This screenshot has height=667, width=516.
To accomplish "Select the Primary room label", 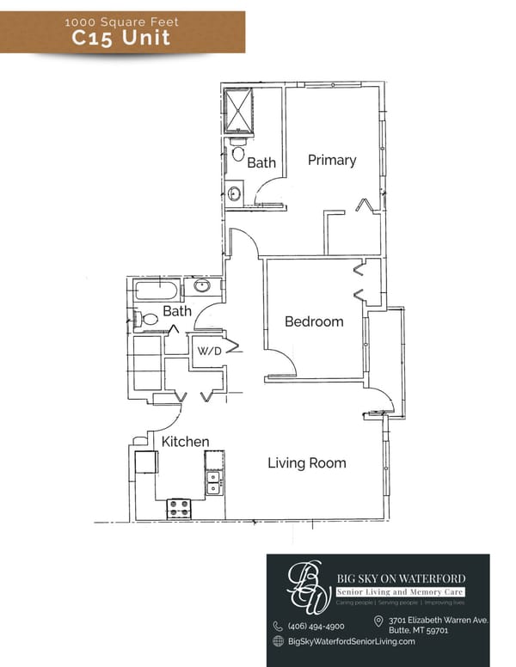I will [332, 160].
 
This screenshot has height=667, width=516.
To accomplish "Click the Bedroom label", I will [314, 321].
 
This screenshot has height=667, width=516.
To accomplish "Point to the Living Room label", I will [307, 463].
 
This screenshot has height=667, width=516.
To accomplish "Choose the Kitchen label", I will [186, 442].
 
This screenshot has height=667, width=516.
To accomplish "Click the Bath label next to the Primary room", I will [261, 162].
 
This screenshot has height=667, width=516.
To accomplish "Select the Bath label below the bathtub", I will [177, 311].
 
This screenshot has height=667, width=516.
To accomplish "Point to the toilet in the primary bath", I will [238, 153].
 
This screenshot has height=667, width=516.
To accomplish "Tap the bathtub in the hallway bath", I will [156, 290].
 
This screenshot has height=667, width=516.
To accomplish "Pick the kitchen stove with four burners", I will [179, 507].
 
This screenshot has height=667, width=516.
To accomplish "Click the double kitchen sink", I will [213, 484].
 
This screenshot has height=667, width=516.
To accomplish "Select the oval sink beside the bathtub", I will [203, 286].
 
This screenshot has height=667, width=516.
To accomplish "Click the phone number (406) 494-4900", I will [316, 626].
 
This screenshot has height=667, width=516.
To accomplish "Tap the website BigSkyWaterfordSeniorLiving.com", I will [351, 641].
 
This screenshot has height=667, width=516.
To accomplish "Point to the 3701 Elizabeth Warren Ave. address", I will [438, 620].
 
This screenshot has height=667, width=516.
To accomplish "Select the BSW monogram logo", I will [307, 586].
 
